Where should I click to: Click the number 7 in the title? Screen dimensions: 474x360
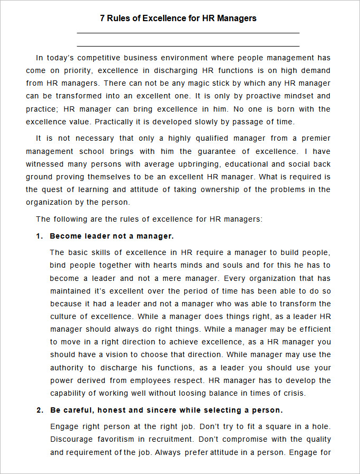click(x=103, y=18)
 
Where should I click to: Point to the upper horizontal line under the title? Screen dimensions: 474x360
click(x=188, y=33)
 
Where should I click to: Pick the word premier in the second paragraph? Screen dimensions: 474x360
click(x=316, y=138)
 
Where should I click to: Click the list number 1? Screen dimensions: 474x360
click(x=39, y=236)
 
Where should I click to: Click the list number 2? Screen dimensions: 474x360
click(x=39, y=410)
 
